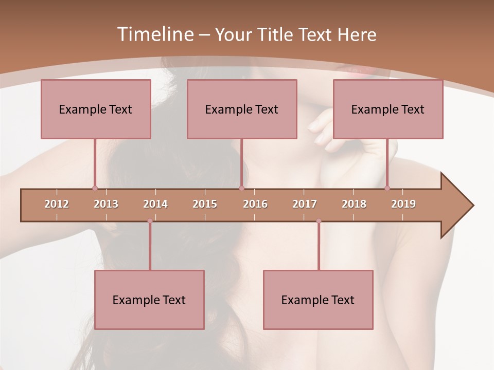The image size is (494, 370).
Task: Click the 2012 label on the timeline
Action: (57, 204)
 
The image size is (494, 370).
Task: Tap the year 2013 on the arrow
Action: (106, 204)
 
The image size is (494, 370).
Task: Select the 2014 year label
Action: (155, 204)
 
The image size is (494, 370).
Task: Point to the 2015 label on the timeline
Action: (205, 204)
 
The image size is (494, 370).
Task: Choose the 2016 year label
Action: (255, 204)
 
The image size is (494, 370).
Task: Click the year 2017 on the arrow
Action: (305, 204)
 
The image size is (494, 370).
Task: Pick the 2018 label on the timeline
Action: (354, 204)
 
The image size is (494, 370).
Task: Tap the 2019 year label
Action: (403, 204)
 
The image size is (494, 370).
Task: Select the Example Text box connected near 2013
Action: (96, 109)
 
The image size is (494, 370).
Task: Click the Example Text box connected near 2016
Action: (242, 109)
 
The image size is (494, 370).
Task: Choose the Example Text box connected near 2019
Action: (388, 109)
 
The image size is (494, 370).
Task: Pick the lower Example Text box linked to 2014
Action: (149, 300)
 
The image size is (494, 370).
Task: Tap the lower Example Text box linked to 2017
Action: (318, 300)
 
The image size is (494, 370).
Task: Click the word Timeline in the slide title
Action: (154, 34)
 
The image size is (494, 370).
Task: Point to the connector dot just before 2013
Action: (95, 188)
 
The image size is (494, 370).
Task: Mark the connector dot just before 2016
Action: (241, 188)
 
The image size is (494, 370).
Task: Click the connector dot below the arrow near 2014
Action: (150, 221)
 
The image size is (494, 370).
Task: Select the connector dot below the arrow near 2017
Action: (319, 221)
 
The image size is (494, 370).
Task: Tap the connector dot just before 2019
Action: (387, 188)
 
